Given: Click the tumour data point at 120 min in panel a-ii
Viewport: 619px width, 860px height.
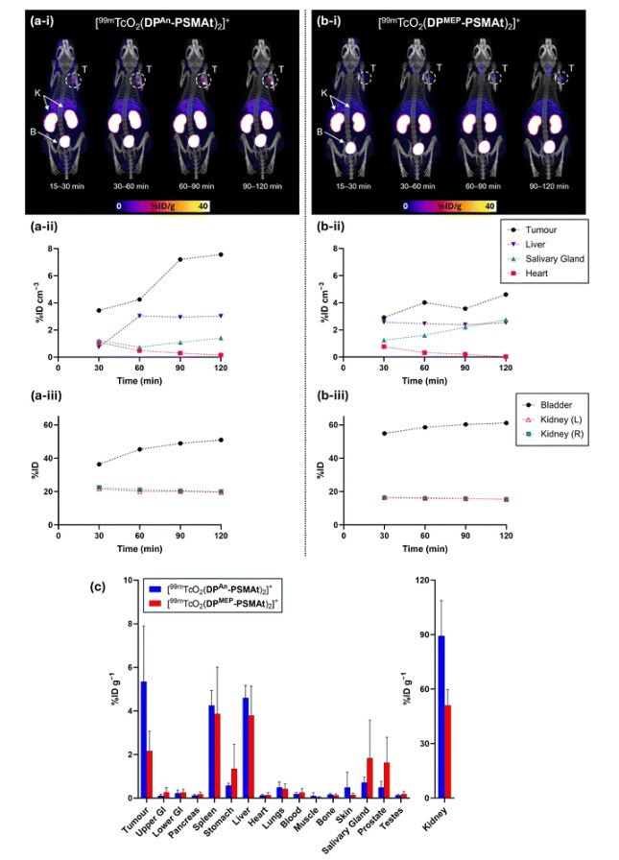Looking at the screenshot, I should [x=220, y=254].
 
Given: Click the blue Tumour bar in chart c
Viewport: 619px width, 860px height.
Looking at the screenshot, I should [x=144, y=739].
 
